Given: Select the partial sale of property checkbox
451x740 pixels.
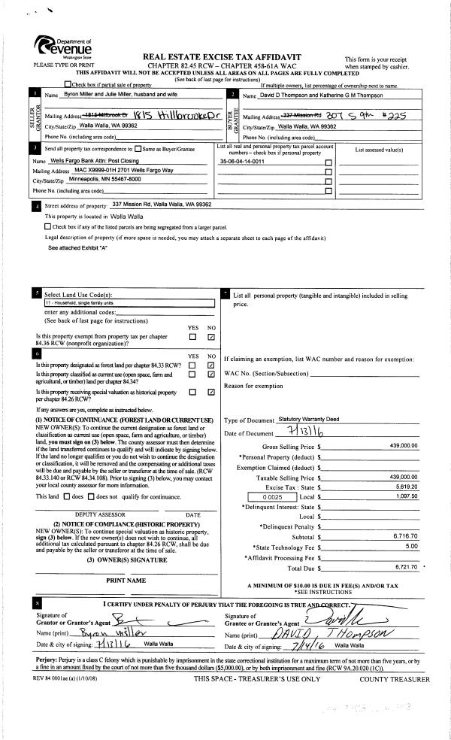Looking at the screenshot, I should point(68,83).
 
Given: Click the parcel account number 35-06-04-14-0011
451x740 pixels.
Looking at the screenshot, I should point(241,161).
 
